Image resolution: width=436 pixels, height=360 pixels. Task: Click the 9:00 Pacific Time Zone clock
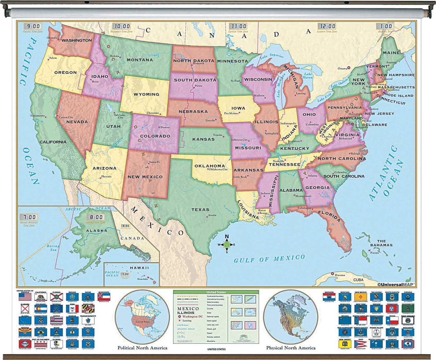[33, 27]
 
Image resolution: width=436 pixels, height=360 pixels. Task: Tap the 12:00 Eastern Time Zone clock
[327, 27]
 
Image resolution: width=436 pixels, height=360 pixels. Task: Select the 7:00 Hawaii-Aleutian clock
[29, 217]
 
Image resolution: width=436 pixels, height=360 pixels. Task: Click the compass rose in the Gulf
[227, 244]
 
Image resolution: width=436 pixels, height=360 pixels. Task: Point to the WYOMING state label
[146, 94]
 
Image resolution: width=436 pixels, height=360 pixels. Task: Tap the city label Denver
[165, 127]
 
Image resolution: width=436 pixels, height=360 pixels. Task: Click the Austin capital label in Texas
[212, 215]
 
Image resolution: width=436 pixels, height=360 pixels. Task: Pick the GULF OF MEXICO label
[269, 259]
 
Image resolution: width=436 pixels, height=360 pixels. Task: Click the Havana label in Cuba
[340, 275]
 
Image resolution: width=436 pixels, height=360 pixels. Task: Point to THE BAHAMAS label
[381, 243]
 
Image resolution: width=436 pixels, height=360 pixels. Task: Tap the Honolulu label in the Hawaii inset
[142, 279]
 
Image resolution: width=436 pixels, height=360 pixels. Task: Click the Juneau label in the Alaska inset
[131, 250]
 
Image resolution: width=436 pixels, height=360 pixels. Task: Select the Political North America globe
[142, 317]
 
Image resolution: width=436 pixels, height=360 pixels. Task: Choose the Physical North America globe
[290, 317]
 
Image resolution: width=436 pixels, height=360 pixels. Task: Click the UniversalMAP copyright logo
[396, 285]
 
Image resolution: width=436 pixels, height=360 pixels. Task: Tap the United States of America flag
[25, 296]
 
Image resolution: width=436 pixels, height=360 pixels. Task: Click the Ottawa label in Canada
[342, 68]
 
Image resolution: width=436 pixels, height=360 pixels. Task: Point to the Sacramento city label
[38, 116]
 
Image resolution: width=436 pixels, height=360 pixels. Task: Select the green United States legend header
[216, 292]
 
